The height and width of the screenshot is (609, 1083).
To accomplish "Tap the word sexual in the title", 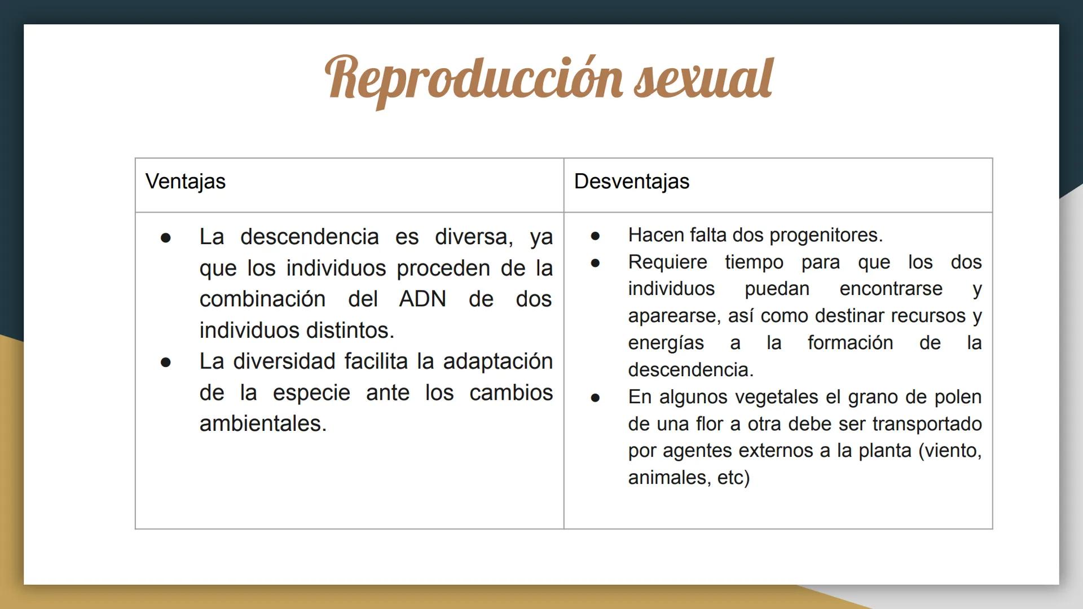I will (703, 79).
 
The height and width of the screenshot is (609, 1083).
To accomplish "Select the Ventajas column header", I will (185, 182).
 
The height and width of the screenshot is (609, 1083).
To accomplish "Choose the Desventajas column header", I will (631, 182).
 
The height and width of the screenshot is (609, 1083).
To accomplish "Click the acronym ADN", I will (422, 299).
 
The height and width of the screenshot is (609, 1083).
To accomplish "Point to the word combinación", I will (262, 299).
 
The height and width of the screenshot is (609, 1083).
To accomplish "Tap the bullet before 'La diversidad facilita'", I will (165, 362).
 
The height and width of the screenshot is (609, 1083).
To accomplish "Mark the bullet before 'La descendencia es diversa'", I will (165, 238).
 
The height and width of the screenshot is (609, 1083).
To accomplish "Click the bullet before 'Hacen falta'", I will (595, 236).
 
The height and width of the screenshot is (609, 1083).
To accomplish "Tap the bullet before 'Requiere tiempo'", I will (595, 263).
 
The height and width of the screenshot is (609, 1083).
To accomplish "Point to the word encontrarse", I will (891, 289).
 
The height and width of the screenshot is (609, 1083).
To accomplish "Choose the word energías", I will (666, 343).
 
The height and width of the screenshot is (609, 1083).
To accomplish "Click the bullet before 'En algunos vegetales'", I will (595, 398).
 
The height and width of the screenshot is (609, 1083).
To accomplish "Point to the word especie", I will (311, 393).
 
